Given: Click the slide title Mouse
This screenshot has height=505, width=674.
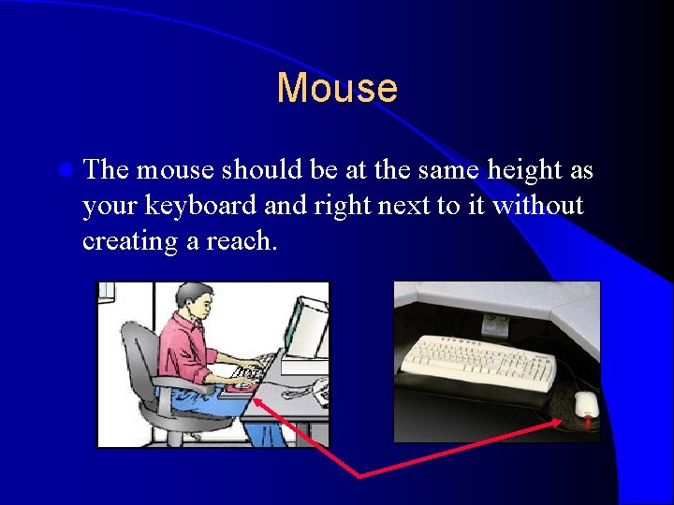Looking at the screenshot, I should pos(337,89).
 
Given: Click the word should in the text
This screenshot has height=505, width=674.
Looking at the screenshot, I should pos(256,171).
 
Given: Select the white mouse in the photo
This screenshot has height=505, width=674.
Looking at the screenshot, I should pos(586,405).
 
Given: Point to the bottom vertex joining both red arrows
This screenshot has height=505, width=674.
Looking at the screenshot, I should pos(360,476).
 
